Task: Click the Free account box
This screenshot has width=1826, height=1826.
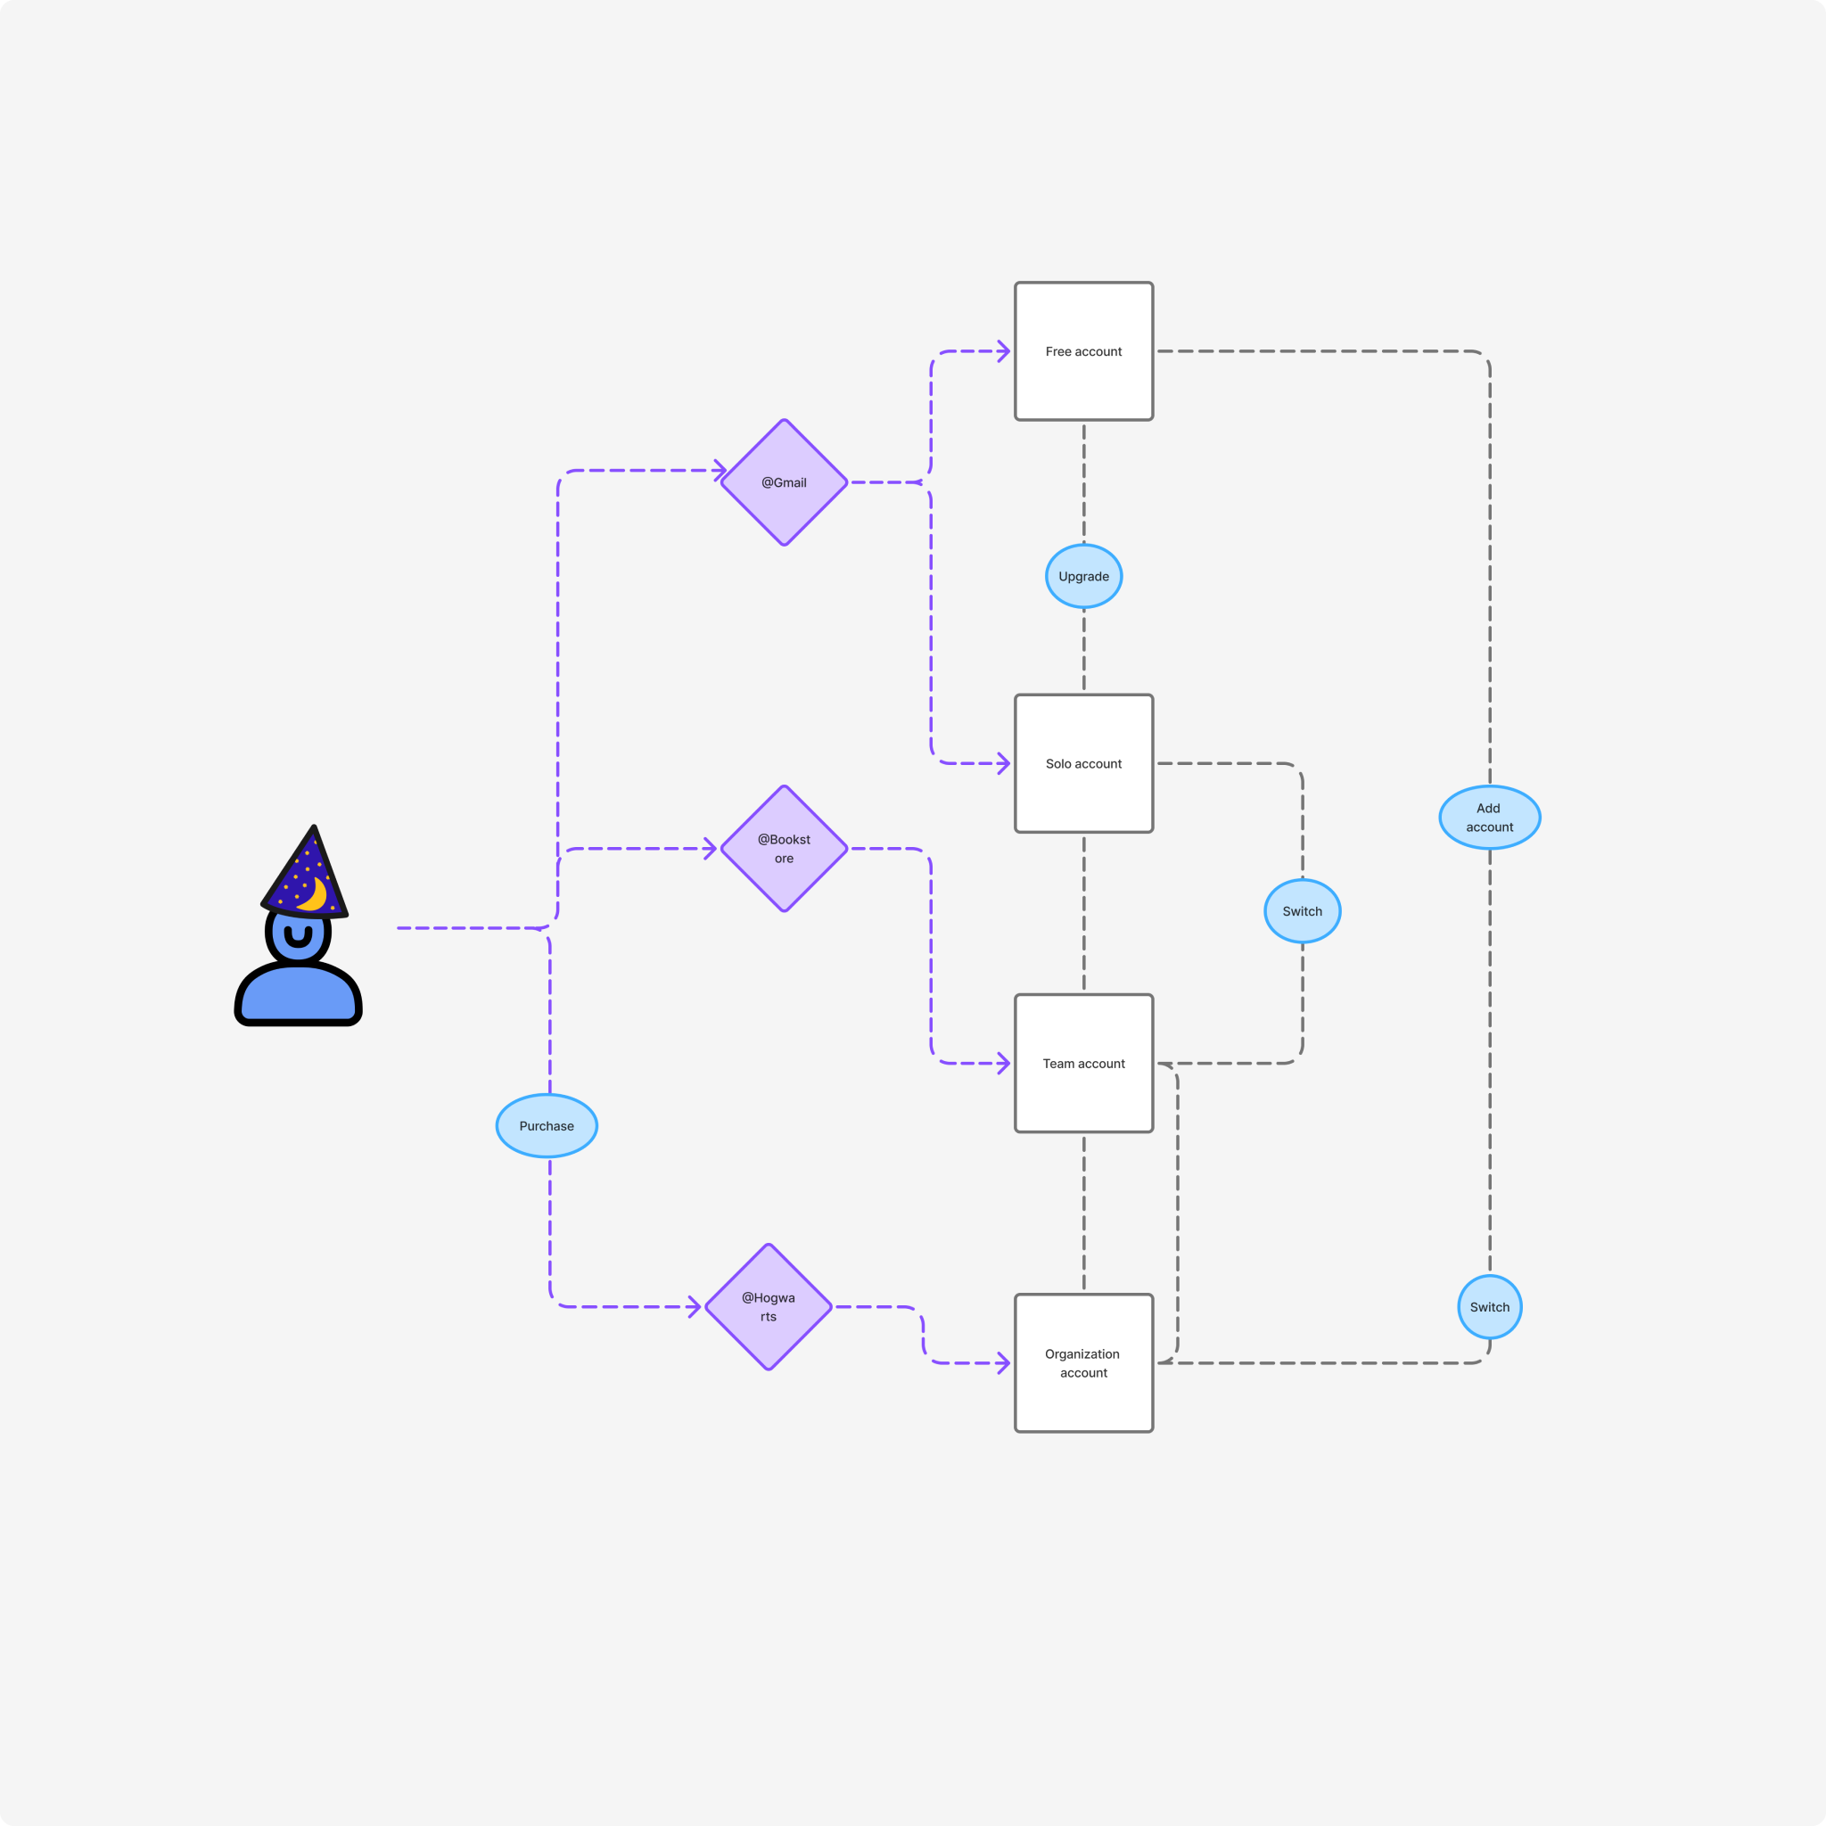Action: pos(1083,351)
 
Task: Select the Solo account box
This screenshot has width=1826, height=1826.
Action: pos(1083,764)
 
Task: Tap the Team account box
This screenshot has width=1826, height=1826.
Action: pos(1083,1064)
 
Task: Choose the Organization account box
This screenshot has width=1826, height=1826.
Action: pos(1083,1363)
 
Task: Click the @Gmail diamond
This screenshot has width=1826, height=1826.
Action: pos(784,482)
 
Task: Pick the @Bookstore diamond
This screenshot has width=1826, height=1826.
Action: pos(784,849)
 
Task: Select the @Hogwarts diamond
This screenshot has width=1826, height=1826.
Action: pos(769,1307)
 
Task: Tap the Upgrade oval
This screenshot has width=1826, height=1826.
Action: pos(1083,577)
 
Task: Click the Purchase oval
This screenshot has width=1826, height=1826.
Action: pos(547,1126)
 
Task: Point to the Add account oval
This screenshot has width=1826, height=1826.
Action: pos(1490,818)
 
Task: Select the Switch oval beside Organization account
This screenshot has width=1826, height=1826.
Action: pos(1490,1307)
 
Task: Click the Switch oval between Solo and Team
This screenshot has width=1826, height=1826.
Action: pos(1303,911)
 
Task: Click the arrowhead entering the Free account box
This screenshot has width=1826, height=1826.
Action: pos(1005,351)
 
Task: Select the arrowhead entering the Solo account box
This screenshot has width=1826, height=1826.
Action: pos(1005,764)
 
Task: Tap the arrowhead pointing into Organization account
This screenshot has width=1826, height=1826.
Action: pos(1005,1363)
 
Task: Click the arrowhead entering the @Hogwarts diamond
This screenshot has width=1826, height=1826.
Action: pos(695,1307)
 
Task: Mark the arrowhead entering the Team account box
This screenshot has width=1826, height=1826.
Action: pos(1005,1064)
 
